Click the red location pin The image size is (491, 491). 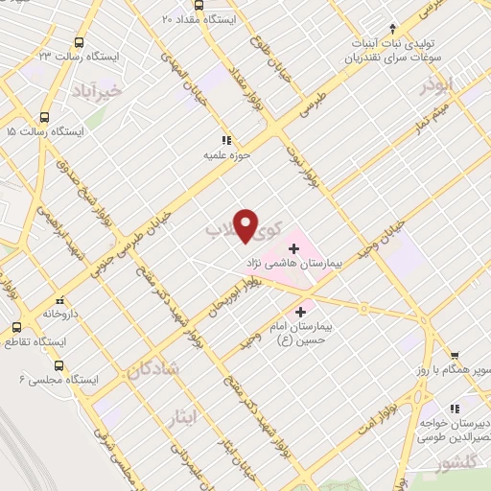(x=246, y=225)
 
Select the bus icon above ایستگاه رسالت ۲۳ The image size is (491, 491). (x=78, y=43)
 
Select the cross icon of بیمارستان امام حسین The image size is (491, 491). (x=301, y=312)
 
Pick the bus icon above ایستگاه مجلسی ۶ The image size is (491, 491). (x=58, y=365)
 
